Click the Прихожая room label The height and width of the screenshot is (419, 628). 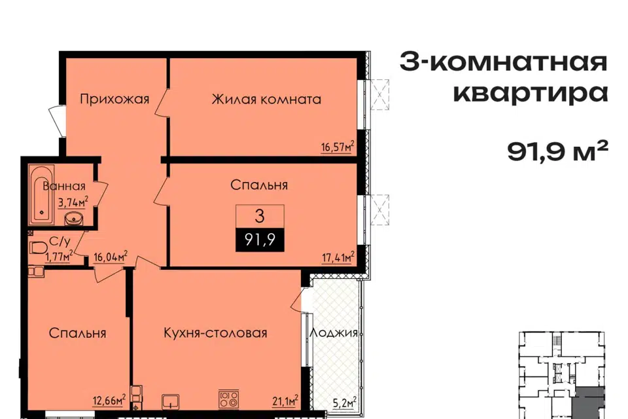(x=114, y=99)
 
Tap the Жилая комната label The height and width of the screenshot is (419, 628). (x=266, y=99)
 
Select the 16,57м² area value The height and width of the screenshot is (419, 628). (x=338, y=147)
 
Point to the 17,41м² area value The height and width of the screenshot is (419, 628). (x=338, y=257)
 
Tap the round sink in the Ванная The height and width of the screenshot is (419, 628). (x=74, y=218)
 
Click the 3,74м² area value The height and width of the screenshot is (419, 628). (x=73, y=202)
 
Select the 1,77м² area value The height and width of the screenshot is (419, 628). (x=58, y=256)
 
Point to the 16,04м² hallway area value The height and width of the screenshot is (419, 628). (x=111, y=257)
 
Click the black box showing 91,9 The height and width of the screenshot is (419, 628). (x=260, y=240)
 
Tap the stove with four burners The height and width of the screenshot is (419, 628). (x=229, y=399)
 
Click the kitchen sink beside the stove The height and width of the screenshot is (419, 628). (x=171, y=401)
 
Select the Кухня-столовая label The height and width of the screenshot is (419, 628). (x=215, y=333)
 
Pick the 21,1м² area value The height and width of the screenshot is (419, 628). (x=285, y=400)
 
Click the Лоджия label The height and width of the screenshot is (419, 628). (x=334, y=333)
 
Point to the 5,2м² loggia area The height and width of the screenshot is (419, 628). (x=345, y=402)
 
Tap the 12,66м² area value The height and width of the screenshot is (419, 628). (x=109, y=400)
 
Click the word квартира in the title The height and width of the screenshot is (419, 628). (x=531, y=93)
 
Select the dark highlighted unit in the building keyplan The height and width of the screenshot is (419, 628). (x=588, y=403)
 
